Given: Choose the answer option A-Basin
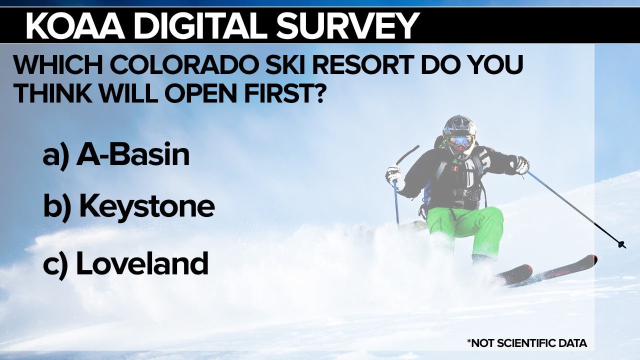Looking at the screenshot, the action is (133, 155).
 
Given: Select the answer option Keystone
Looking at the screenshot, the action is (147, 207).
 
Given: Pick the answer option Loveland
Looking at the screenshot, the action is (142, 262).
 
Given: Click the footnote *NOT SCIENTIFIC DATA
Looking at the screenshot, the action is (527, 343).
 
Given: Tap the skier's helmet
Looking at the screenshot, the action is (459, 127).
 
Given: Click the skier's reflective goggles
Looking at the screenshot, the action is (461, 140).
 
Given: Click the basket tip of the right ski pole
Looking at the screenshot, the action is (621, 244).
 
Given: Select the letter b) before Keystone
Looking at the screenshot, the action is (57, 207).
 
